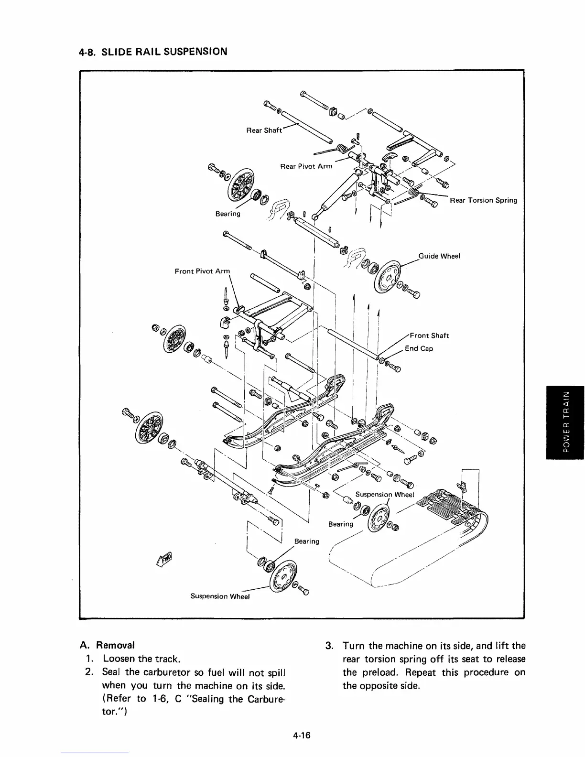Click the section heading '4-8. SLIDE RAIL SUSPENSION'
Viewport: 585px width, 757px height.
point(152,51)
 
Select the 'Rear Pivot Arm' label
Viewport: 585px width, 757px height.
point(306,166)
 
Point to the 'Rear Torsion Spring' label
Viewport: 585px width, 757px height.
point(483,200)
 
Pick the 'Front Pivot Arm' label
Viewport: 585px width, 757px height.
point(202,271)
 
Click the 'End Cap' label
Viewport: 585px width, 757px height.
point(419,348)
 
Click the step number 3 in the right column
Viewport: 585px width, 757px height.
point(328,646)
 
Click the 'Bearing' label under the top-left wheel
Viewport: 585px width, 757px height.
point(227,214)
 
